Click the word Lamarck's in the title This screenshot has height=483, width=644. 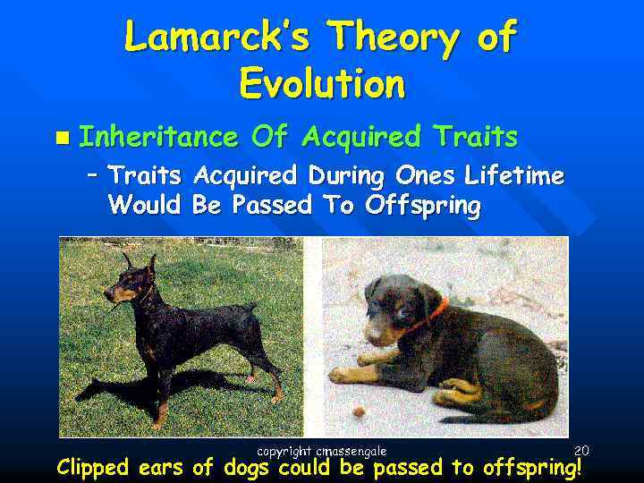coord(216,38)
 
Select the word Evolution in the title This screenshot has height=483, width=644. coord(322,84)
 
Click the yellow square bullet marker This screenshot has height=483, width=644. coord(60,138)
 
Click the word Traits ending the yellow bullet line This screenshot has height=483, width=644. coord(475,137)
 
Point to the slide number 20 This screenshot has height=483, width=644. coord(581,450)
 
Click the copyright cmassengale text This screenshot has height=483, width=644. coord(321,452)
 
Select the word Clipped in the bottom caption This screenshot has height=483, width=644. coord(92,468)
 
